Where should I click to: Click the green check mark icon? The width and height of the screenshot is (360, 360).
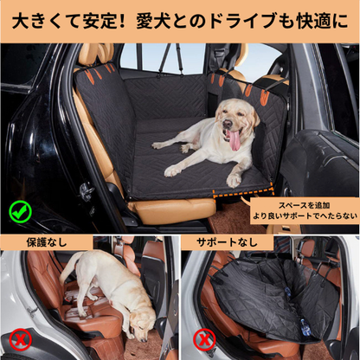20,212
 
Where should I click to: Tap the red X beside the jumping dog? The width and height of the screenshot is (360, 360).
20,340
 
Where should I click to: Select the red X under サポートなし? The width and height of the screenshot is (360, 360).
204,339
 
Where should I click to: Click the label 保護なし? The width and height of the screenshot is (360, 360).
47,242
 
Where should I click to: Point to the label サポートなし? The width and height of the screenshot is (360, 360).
227,242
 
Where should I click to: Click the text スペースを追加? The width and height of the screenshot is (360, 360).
305,205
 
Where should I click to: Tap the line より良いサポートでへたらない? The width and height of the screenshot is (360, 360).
305,215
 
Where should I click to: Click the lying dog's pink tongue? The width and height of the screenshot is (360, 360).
234,140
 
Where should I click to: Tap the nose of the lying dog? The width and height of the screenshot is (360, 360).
228,123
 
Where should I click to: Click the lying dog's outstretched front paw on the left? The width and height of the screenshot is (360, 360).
172,171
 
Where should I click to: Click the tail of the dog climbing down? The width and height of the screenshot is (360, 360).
67,267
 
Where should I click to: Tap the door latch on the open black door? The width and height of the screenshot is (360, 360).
87,191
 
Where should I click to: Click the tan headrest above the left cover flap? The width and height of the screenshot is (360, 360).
96,54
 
